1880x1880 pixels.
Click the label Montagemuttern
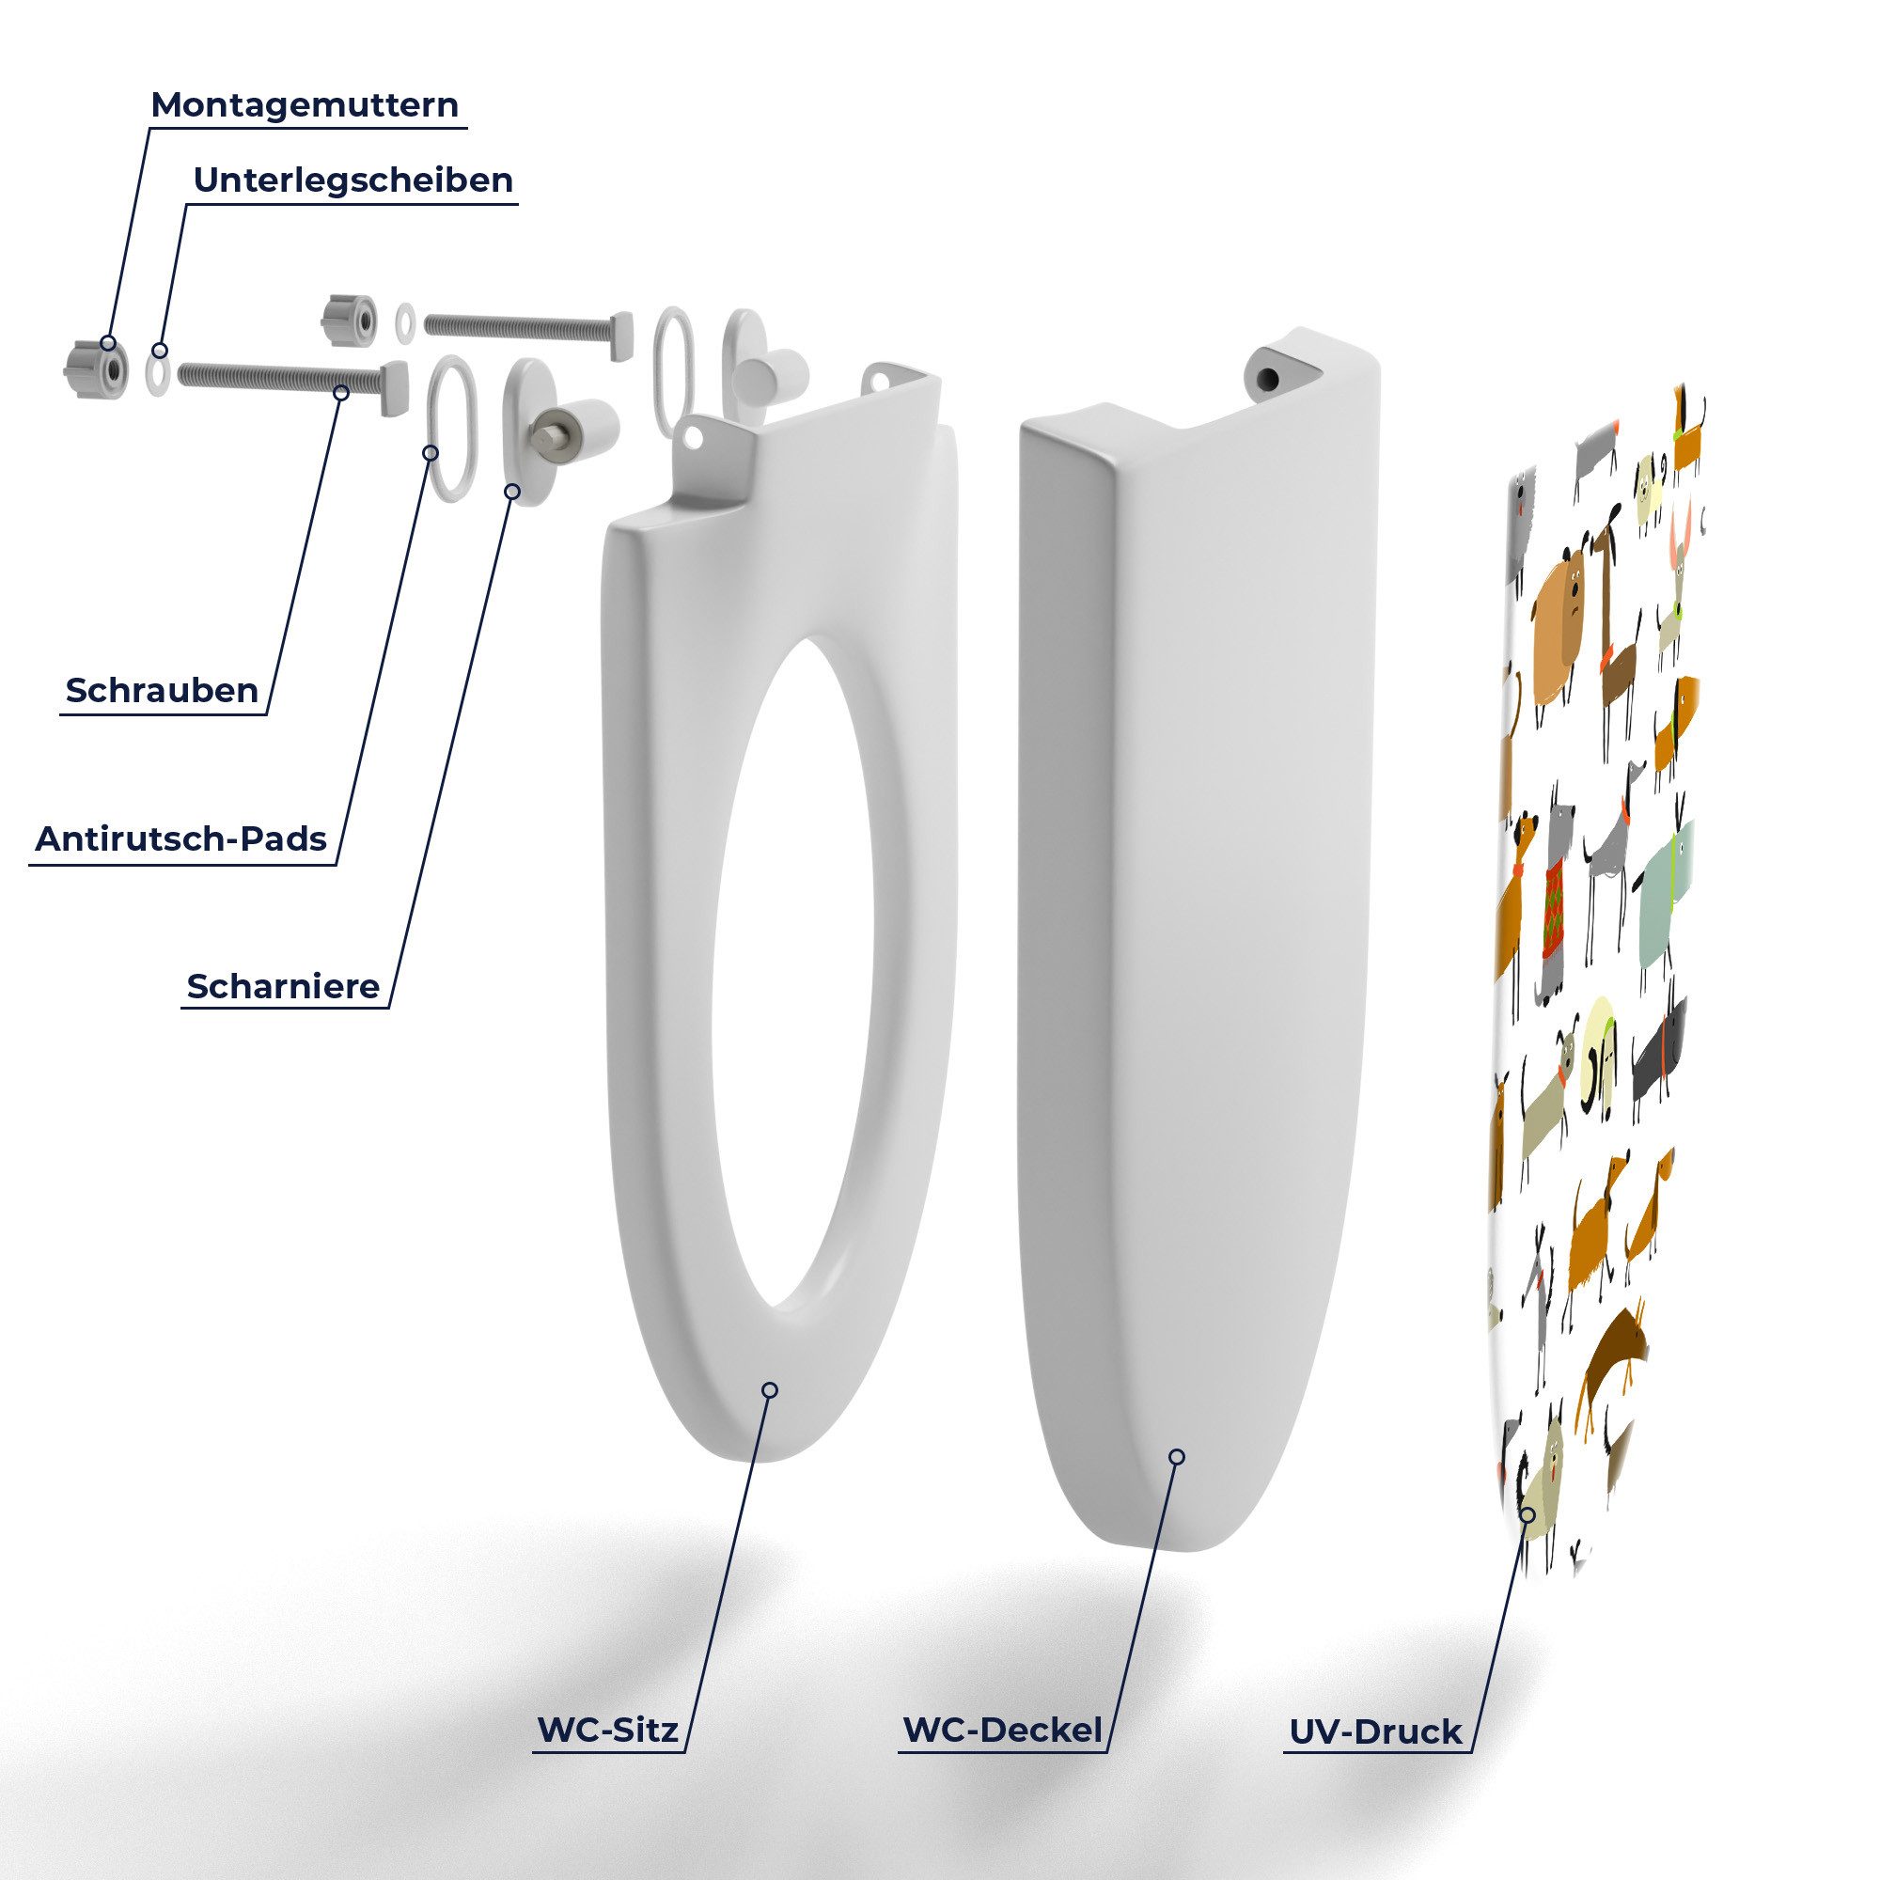(x=305, y=104)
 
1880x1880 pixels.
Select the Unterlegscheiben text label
(x=353, y=180)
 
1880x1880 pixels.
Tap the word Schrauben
(x=163, y=690)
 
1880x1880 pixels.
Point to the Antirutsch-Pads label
(x=181, y=838)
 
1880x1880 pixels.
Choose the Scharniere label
(x=283, y=986)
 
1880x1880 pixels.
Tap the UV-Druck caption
(x=1376, y=1731)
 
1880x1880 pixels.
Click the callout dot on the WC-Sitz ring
(x=770, y=1389)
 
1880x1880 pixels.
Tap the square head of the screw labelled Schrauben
(x=392, y=388)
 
